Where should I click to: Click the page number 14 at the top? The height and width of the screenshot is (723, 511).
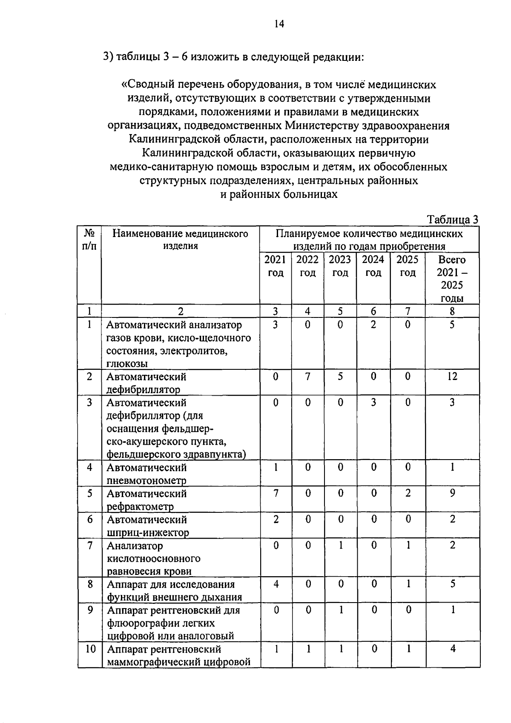coord(279,24)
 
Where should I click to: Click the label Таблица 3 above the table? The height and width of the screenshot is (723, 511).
coord(452,220)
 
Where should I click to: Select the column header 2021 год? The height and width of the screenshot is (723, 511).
coord(276,266)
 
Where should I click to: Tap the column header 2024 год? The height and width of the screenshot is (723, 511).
coord(373,266)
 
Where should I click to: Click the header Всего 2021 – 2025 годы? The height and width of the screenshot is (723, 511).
coord(452,278)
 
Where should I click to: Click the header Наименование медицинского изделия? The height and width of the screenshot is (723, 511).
coord(180,239)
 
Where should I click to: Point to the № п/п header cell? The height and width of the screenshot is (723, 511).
coord(89,239)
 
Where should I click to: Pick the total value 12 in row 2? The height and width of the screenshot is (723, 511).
coord(452,376)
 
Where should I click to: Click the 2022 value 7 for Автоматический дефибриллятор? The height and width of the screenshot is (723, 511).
coord(307,376)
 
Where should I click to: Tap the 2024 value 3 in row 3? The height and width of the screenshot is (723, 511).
coord(373,402)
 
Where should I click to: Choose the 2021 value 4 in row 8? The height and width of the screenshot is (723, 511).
coord(276,584)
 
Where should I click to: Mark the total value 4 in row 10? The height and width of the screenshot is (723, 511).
coord(453,649)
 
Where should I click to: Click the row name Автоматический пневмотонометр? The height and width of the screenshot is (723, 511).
coord(146,474)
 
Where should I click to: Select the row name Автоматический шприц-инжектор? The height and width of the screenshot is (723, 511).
coord(147,526)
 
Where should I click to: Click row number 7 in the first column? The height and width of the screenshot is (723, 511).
coord(89,545)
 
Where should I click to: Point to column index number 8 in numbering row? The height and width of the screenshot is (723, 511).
coord(452,311)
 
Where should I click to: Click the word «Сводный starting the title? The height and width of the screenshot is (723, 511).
coord(146,84)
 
